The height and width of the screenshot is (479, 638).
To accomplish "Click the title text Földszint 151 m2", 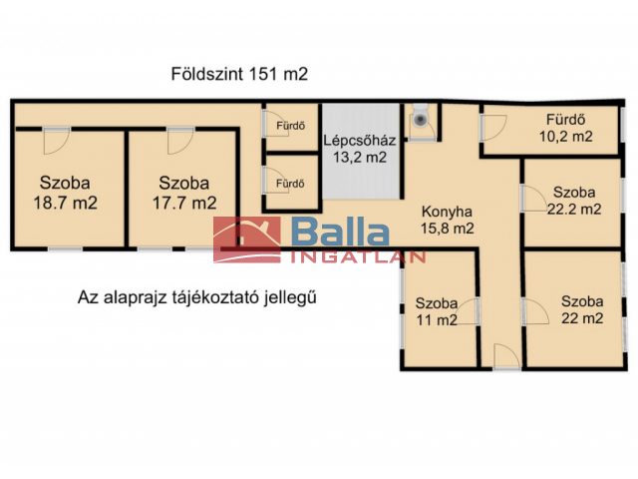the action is click(239, 74).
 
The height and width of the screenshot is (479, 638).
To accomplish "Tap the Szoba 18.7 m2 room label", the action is click(65, 193).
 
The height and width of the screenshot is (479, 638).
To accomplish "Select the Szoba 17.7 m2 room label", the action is click(184, 193).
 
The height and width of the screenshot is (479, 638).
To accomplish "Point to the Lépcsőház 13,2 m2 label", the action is click(360, 149).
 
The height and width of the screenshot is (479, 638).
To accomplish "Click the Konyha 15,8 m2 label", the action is click(448, 220).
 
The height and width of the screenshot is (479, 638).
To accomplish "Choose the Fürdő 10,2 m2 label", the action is click(566, 128).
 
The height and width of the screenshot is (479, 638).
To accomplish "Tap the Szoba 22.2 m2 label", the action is click(574, 201).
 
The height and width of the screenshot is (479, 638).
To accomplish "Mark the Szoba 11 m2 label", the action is click(437, 311).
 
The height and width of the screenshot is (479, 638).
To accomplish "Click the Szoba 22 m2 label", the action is click(582, 309).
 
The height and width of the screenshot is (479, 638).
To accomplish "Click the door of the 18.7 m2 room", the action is click(57, 141).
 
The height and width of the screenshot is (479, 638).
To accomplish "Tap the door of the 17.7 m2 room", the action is click(180, 141).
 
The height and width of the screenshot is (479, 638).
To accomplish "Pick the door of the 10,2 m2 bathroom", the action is click(493, 129).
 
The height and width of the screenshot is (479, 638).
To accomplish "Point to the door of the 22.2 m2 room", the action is click(534, 199).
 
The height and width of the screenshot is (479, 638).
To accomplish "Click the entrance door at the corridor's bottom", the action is click(506, 357).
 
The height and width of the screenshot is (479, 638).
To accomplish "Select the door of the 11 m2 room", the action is click(466, 311).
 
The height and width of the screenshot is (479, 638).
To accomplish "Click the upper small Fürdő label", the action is click(291, 126).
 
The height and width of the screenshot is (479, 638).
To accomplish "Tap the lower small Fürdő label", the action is click(290, 184).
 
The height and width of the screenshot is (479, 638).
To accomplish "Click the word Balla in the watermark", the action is click(340, 233).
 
